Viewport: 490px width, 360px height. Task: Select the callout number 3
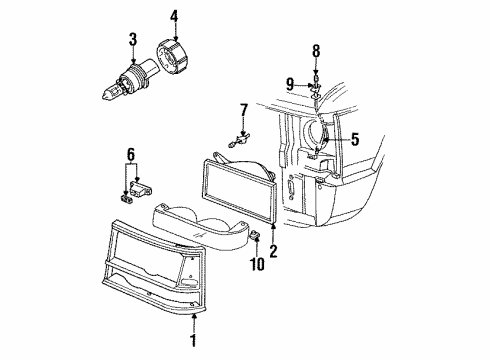131,41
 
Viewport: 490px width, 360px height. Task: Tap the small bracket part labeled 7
240,139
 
